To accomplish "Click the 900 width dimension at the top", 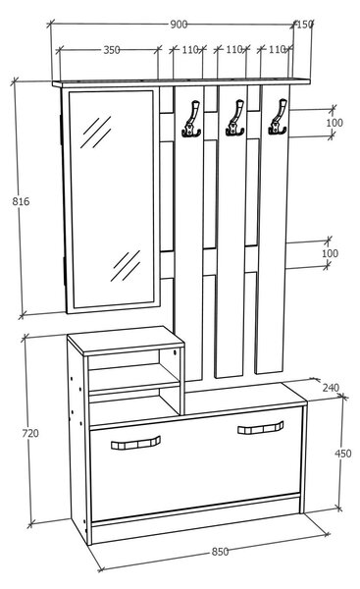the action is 179,25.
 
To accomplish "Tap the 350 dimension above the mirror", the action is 112,50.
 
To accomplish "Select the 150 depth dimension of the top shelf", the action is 304,25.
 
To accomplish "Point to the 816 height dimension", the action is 21,201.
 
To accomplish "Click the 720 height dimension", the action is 30,433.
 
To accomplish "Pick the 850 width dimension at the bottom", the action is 220,552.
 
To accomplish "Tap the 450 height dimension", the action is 343,454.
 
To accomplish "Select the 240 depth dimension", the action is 331,388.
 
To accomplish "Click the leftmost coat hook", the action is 192,119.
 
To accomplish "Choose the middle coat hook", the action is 235,118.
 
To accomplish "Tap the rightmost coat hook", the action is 278,117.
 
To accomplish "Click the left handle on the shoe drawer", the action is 136,443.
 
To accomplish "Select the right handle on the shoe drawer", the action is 261,427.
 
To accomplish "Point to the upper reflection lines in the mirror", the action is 96,132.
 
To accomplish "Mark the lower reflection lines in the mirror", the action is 126,266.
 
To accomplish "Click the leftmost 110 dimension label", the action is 190,50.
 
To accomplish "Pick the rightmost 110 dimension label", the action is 277,49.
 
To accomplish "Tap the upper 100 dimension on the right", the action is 334,123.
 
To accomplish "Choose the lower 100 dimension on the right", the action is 330,253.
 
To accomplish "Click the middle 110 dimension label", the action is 233,49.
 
